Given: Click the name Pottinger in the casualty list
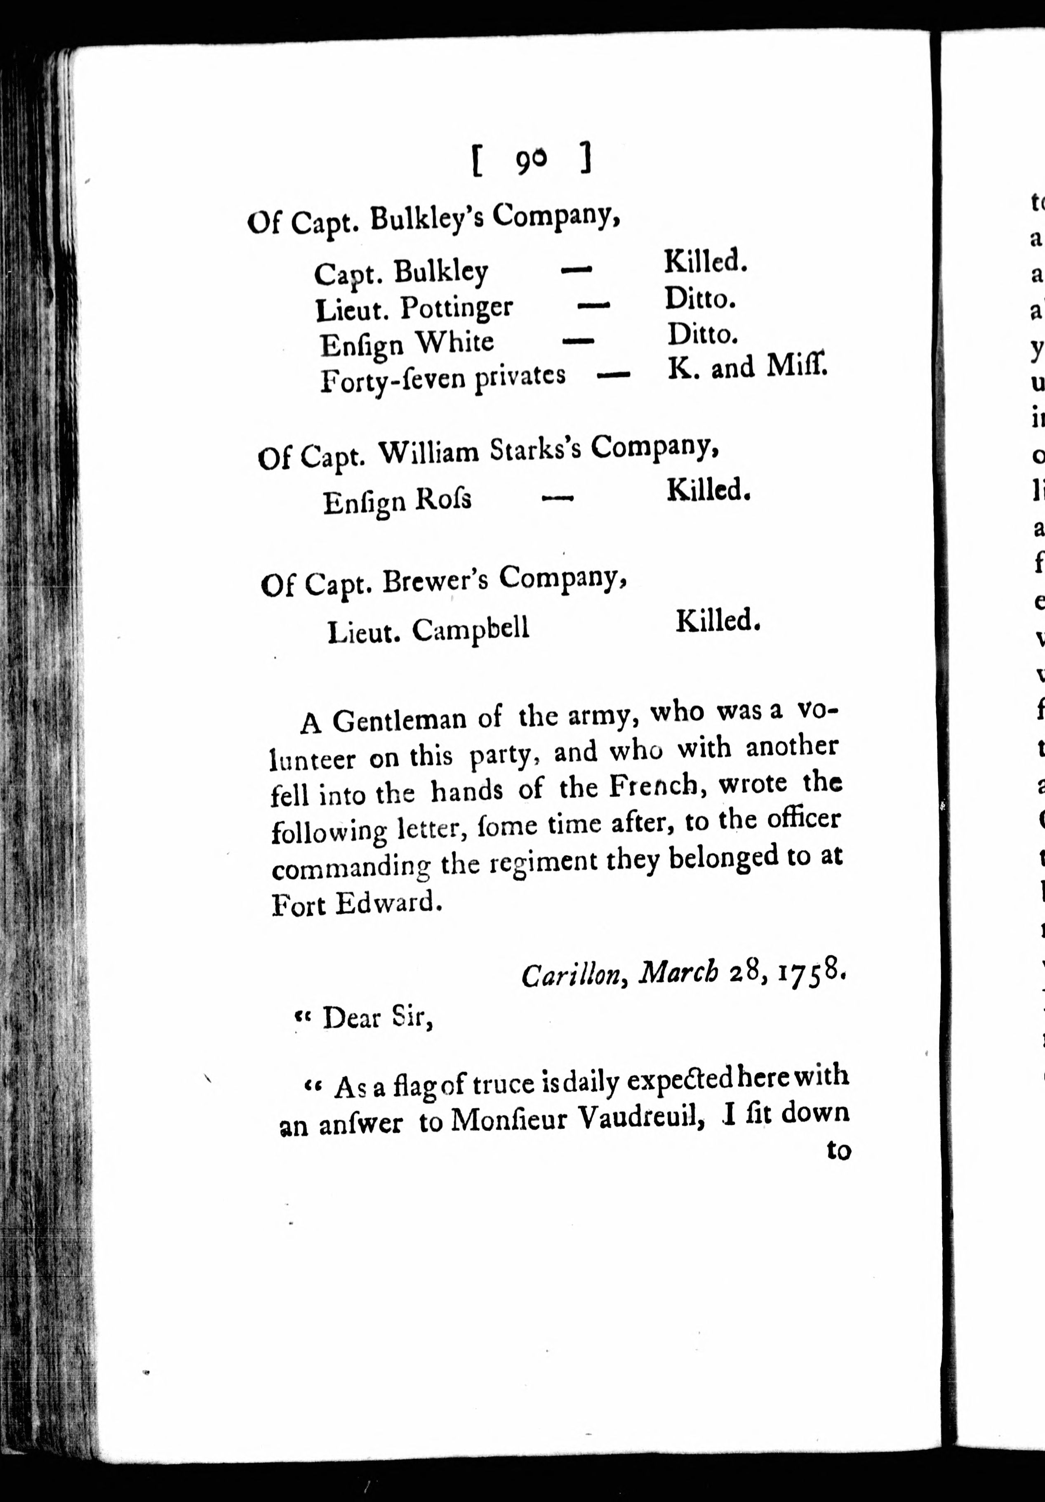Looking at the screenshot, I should pyautogui.click(x=457, y=307).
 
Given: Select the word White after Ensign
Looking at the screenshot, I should pyautogui.click(x=454, y=342).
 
